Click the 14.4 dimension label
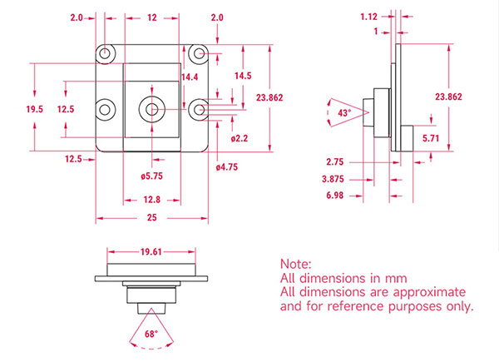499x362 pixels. pyautogui.click(x=190, y=77)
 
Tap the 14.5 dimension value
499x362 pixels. pyautogui.click(x=243, y=76)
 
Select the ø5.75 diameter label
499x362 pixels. pyautogui.click(x=152, y=176)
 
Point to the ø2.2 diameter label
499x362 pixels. pyautogui.click(x=240, y=138)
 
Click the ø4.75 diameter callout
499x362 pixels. pyautogui.click(x=227, y=167)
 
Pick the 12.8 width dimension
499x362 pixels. pyautogui.click(x=152, y=200)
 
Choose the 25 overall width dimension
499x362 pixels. pyautogui.click(x=152, y=217)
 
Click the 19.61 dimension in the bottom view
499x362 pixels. pyautogui.click(x=151, y=252)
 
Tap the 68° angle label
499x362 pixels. pyautogui.click(x=151, y=334)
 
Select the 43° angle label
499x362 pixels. pyautogui.click(x=344, y=112)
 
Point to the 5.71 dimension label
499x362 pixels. pyautogui.click(x=431, y=138)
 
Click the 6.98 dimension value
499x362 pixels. pyautogui.click(x=335, y=196)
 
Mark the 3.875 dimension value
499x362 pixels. pyautogui.click(x=333, y=179)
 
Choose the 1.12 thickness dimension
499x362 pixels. pyautogui.click(x=368, y=17)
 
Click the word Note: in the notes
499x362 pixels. pyautogui.click(x=295, y=265)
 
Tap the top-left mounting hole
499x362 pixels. pyautogui.click(x=105, y=53)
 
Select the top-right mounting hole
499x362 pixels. pyautogui.click(x=200, y=53)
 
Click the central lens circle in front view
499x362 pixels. pyautogui.click(x=152, y=109)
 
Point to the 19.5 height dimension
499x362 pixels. pyautogui.click(x=34, y=109)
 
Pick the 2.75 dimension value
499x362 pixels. pyautogui.click(x=335, y=162)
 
